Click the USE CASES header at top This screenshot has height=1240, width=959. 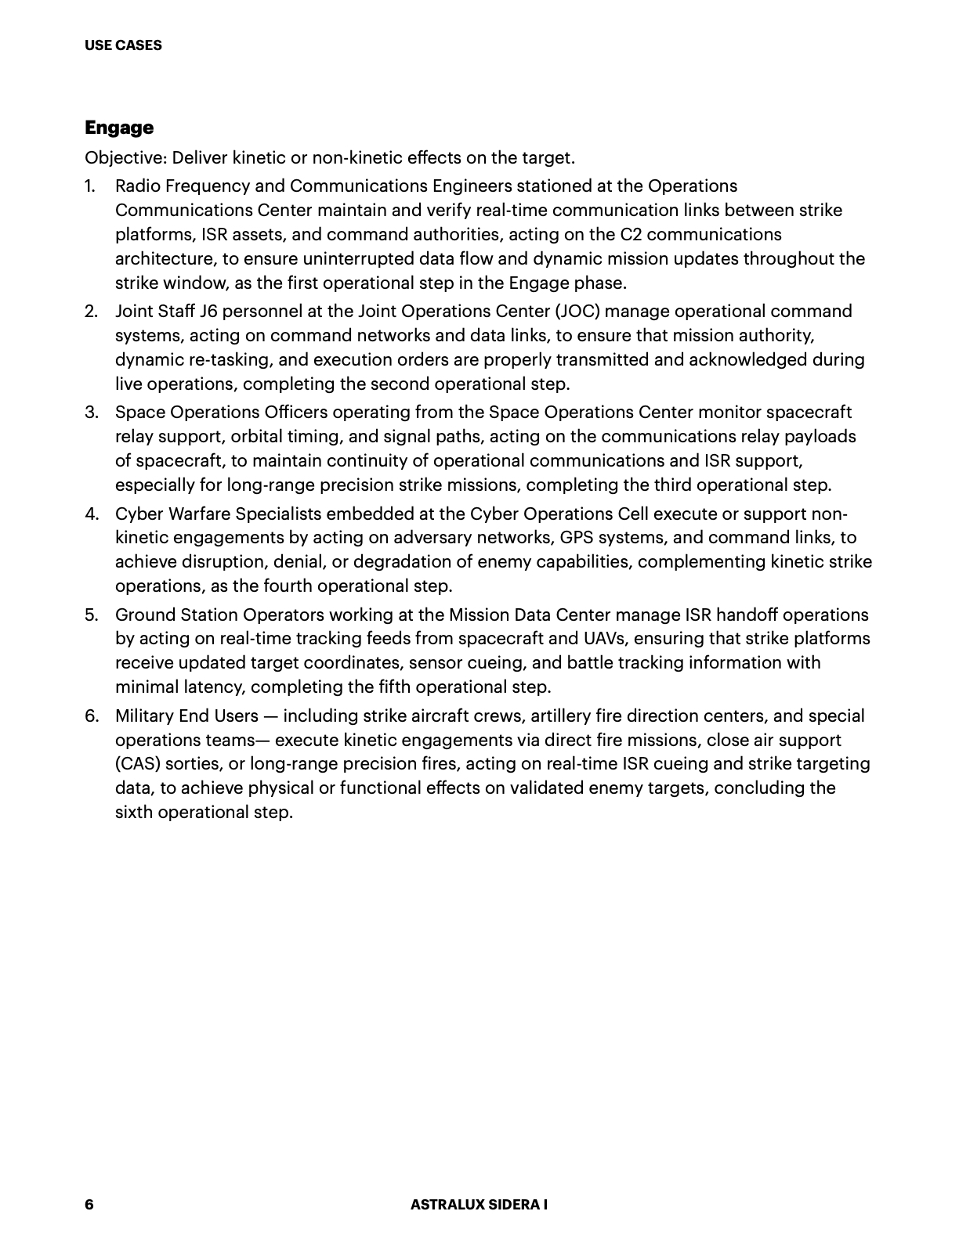(123, 45)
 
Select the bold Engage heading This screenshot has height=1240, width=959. (119, 128)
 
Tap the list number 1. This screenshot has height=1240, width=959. (90, 186)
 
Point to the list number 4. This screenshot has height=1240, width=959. (92, 514)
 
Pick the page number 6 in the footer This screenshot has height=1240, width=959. (89, 1205)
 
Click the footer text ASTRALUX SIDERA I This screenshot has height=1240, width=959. (479, 1205)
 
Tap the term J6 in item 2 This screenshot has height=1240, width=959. (208, 312)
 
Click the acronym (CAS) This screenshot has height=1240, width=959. (138, 764)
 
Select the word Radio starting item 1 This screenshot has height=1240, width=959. (136, 186)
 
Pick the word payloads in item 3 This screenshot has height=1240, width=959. (822, 437)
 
